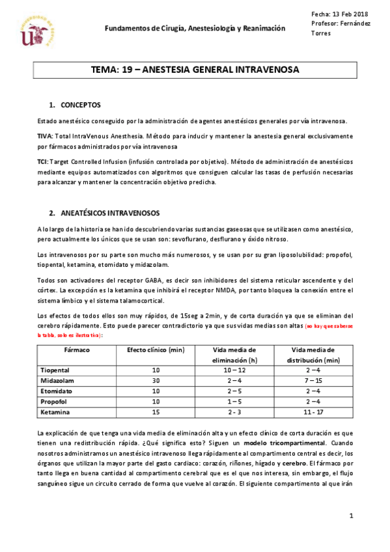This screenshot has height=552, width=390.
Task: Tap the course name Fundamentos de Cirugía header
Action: [x=195, y=29]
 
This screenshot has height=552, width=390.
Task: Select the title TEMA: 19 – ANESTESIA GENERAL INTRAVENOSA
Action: [x=195, y=70]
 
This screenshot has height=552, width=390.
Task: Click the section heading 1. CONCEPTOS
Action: [x=75, y=105]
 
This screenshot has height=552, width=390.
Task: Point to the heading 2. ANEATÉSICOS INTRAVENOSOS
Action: [x=100, y=213]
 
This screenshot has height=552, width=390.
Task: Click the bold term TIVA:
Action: [x=46, y=136]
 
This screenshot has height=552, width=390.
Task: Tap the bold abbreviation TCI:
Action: [x=44, y=160]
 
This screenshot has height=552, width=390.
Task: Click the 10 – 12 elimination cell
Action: [x=234, y=370]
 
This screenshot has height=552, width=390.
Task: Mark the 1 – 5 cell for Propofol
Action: [x=234, y=402]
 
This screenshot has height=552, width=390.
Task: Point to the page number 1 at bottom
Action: [x=350, y=516]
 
